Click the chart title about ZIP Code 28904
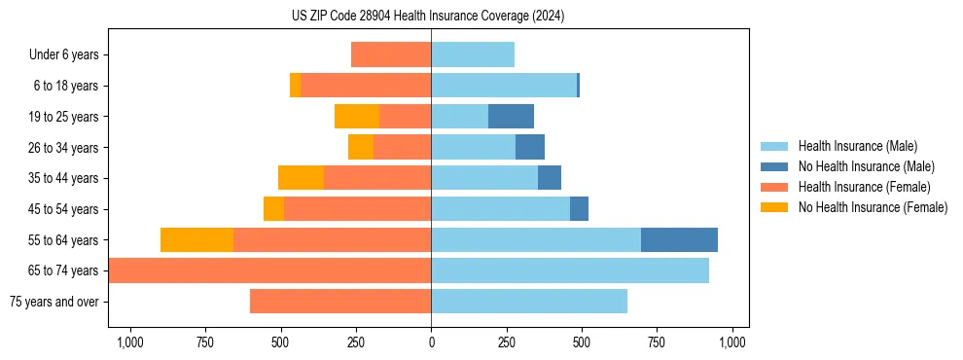point(428,17)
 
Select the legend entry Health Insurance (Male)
point(856,146)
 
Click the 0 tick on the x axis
point(431,342)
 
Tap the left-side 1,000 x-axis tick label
point(129,342)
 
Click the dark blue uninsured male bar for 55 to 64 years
point(679,239)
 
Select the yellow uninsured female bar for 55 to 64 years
point(196,239)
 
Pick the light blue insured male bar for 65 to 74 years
point(570,270)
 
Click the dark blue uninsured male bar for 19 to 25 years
point(511,117)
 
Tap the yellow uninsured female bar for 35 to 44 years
point(301,178)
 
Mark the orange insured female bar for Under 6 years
point(391,55)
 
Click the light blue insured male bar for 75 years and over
point(529,302)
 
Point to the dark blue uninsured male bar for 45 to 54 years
point(579,209)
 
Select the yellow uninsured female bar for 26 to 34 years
point(361,147)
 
